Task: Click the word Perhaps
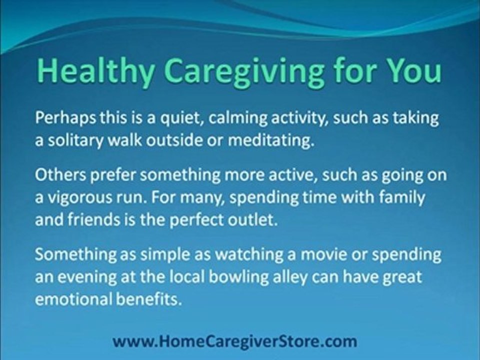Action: [65, 118]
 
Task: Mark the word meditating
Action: [271, 140]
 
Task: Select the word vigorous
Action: [79, 198]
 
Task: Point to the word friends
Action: [93, 219]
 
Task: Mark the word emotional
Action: [73, 299]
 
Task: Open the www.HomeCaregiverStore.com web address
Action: [235, 340]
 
